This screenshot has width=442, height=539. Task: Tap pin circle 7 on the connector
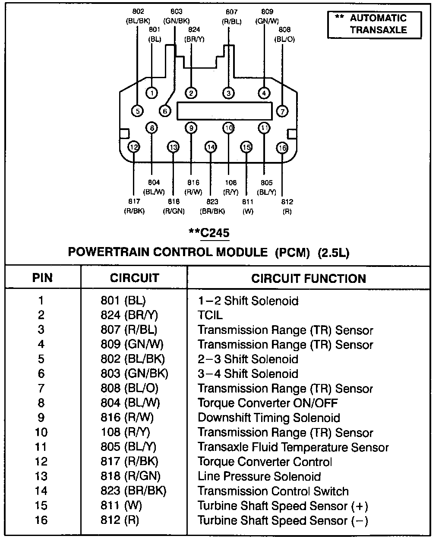pyautogui.click(x=282, y=111)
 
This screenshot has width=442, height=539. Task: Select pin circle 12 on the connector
pyautogui.click(x=134, y=147)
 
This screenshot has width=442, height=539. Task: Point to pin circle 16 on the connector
pyautogui.click(x=282, y=148)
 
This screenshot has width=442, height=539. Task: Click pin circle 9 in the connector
pyautogui.click(x=191, y=128)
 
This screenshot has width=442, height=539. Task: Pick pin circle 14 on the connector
pyautogui.click(x=211, y=147)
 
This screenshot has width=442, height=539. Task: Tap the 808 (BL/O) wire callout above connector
pyautogui.click(x=284, y=34)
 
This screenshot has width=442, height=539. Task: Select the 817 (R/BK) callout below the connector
pyautogui.click(x=134, y=206)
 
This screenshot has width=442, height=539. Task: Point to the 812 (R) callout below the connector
pyautogui.click(x=287, y=206)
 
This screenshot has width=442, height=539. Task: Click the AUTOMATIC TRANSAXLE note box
pyautogui.click(x=374, y=24)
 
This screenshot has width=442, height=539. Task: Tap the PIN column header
pyautogui.click(x=42, y=278)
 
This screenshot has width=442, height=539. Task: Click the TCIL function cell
pyautogui.click(x=210, y=315)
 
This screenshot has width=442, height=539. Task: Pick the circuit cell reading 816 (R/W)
pyautogui.click(x=127, y=418)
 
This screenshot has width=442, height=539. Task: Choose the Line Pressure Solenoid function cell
pyautogui.click(x=259, y=476)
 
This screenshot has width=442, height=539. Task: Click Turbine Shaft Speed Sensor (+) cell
pyautogui.click(x=283, y=506)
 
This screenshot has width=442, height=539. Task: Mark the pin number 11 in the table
pyautogui.click(x=41, y=447)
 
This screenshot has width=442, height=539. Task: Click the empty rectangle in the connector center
pyautogui.click(x=224, y=111)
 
